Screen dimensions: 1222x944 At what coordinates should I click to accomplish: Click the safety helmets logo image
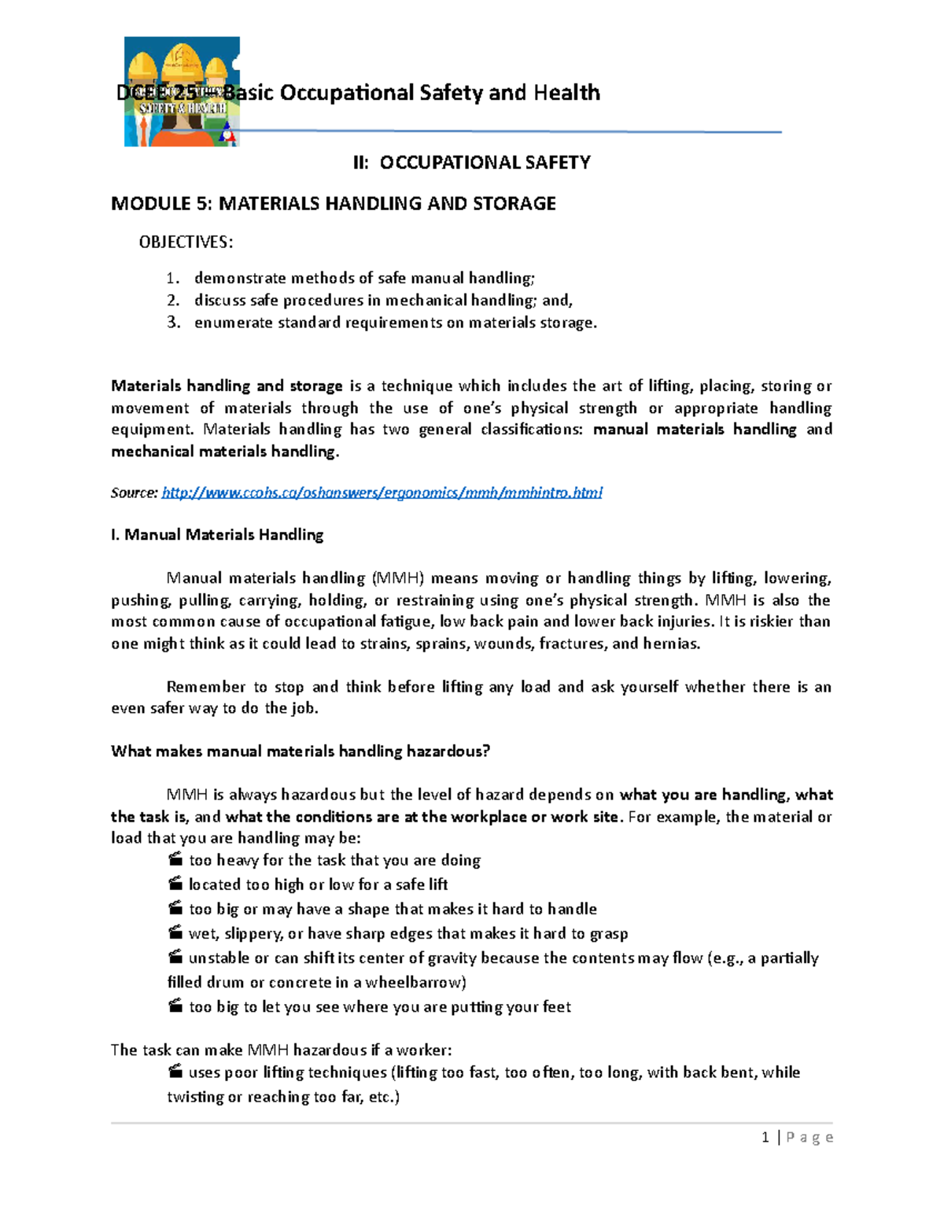182,91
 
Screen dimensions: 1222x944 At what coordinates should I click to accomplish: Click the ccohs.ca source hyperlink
382,493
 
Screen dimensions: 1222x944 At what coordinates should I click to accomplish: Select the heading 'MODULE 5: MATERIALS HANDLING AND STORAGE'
334,204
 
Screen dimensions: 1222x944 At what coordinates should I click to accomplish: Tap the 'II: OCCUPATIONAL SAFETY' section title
471,163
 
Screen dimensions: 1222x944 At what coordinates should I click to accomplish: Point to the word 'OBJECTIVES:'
186,242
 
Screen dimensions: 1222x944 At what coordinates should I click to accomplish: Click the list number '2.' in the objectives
173,300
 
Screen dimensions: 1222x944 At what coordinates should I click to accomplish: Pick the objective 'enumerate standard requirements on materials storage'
395,322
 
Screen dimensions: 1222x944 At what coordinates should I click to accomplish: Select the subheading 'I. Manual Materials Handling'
217,535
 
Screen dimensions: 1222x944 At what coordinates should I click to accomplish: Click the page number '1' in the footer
765,1137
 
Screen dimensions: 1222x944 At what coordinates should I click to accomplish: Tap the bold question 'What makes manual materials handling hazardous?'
301,751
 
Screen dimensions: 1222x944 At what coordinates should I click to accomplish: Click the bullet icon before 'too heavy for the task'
175,859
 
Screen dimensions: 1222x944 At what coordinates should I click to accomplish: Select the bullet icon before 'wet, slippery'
175,932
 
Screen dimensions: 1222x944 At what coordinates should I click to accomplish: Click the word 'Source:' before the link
134,493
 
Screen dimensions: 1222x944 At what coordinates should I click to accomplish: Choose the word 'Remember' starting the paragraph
206,687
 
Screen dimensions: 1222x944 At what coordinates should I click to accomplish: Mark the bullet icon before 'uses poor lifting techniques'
175,1071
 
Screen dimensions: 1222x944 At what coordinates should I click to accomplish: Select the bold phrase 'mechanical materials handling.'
225,452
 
